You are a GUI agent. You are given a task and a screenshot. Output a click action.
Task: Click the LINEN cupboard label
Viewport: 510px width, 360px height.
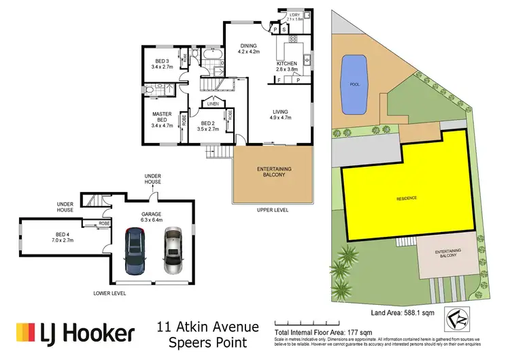[212, 104]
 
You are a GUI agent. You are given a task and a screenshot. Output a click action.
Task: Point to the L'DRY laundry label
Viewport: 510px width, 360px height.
[294, 14]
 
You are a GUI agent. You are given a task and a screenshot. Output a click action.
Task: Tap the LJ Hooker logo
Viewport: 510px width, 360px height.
[75, 333]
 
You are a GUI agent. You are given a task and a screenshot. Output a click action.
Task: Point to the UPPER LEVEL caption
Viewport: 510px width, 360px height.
[272, 210]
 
